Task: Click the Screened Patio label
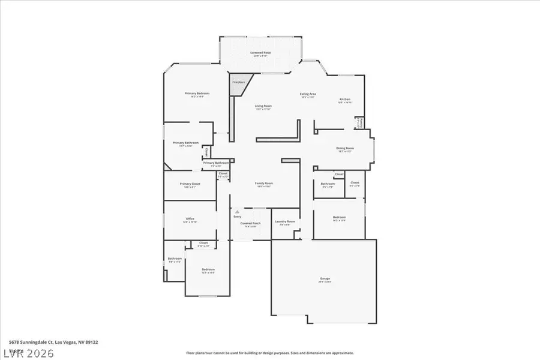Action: [x=260, y=53]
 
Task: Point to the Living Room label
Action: [x=263, y=106]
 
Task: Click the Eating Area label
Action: [x=308, y=94]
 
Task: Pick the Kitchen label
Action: [x=345, y=100]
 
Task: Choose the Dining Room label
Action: [x=345, y=148]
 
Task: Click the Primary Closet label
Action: [x=190, y=184]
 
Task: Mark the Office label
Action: [x=190, y=218]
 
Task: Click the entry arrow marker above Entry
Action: [x=238, y=211]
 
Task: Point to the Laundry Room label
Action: [x=285, y=222]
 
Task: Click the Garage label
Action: [x=325, y=279]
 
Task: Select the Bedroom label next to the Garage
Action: [x=339, y=217]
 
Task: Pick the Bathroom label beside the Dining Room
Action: [x=328, y=184]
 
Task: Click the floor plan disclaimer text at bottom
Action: [x=269, y=353]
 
